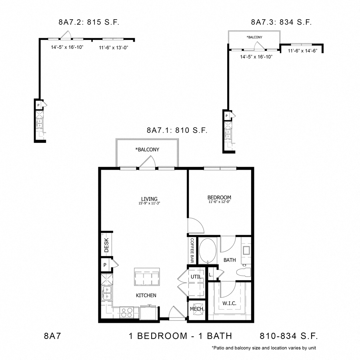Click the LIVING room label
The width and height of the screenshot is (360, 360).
click(x=149, y=199)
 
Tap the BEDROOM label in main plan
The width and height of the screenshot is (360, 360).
click(x=219, y=198)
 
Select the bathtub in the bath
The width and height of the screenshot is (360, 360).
click(x=208, y=251)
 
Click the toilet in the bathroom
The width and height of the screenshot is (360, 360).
click(x=243, y=274)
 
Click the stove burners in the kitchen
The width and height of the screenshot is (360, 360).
click(x=127, y=312)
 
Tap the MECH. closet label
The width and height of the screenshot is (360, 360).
click(x=197, y=309)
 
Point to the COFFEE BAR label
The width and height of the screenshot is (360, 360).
click(x=192, y=251)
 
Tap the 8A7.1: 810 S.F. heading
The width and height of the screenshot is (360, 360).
click(x=177, y=130)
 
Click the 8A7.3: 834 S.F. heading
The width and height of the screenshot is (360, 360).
click(x=281, y=22)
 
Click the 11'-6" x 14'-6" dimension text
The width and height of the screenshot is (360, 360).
click(x=300, y=50)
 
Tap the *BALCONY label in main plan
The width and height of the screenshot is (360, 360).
click(x=147, y=150)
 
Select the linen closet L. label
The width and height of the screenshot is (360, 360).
click(x=211, y=275)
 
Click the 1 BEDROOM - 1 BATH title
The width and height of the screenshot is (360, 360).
click(x=180, y=336)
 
